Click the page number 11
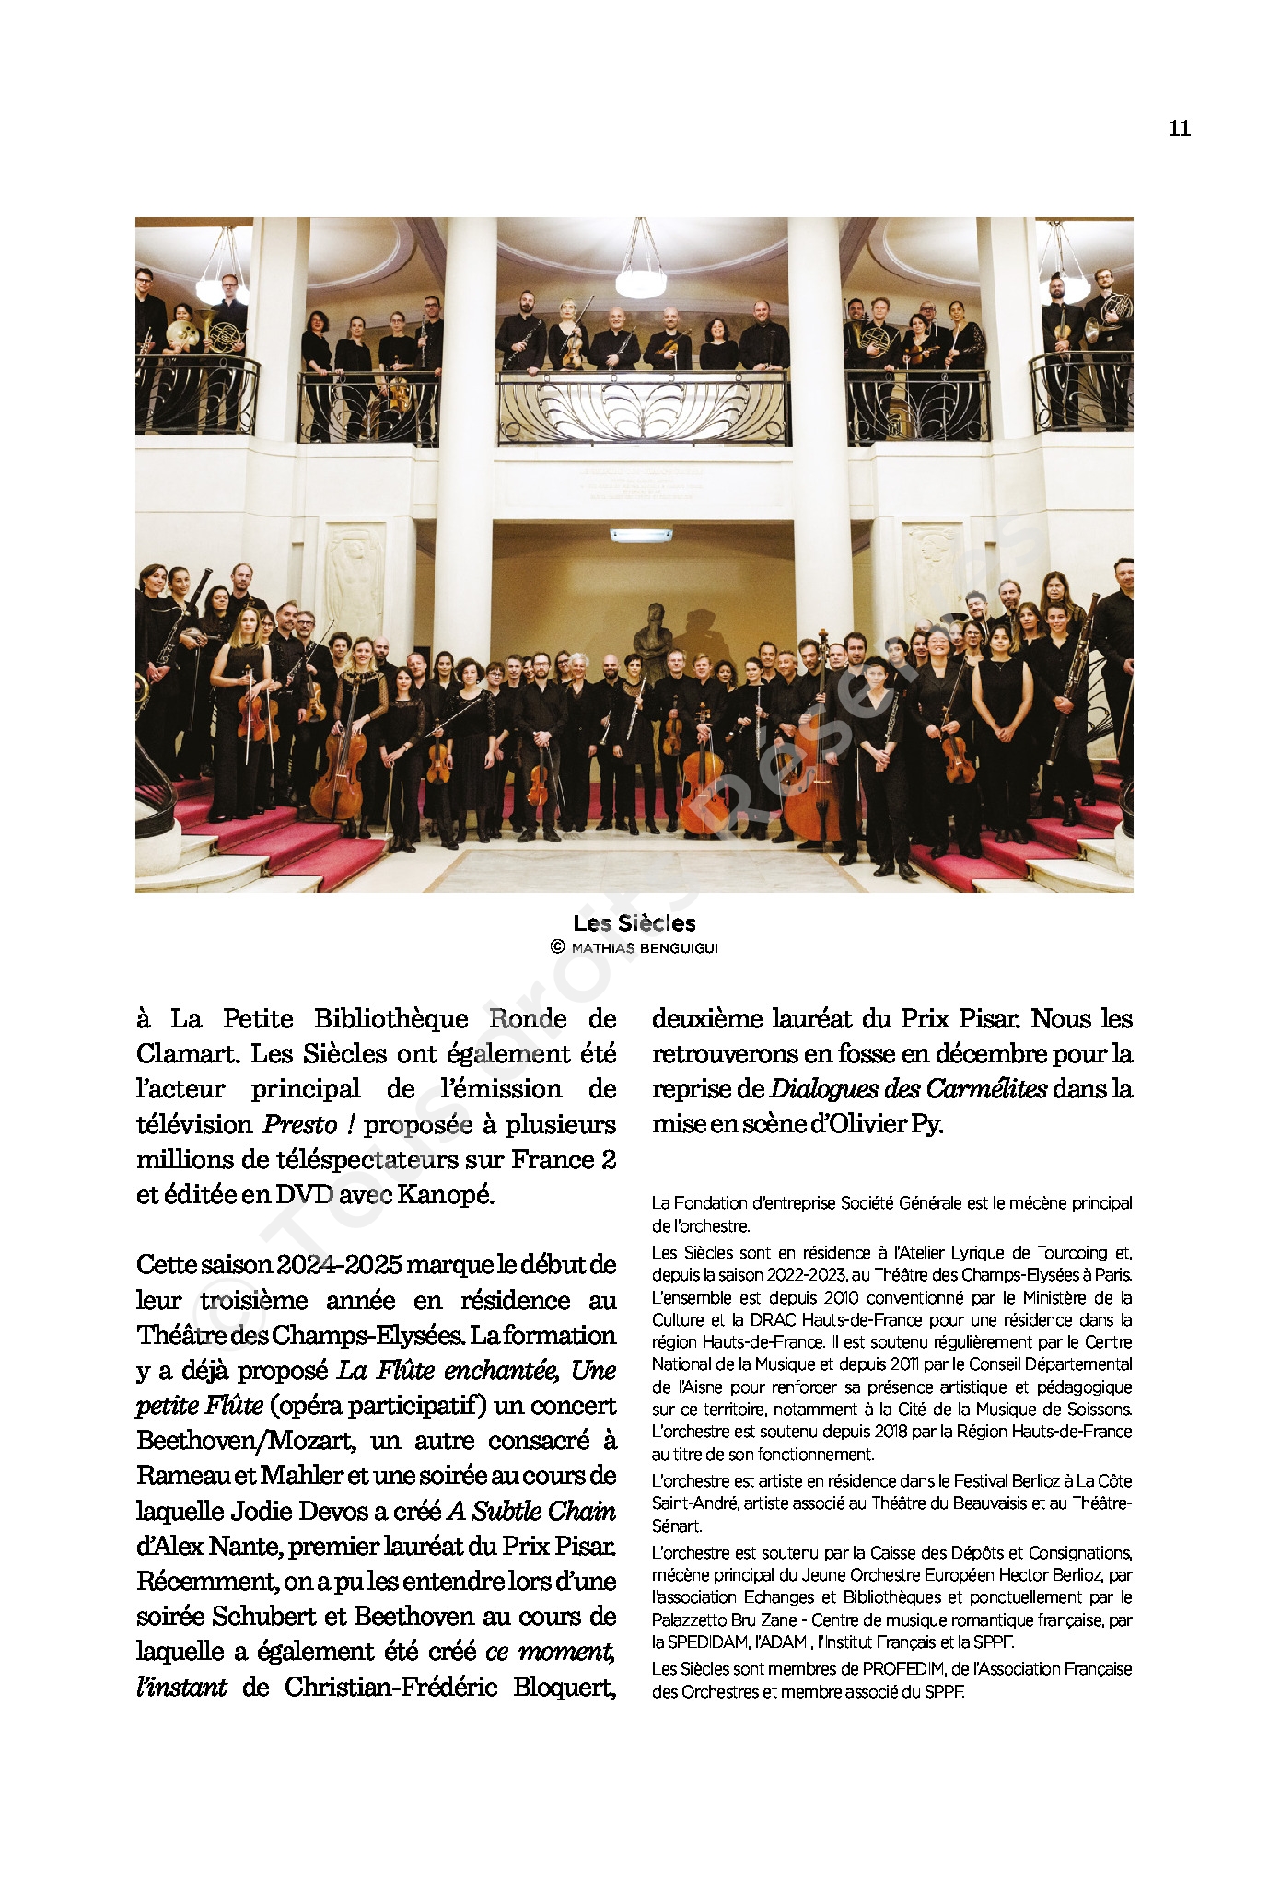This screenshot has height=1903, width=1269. point(1179,129)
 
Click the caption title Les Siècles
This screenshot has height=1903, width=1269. point(634,923)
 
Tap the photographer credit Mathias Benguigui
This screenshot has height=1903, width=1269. point(644,948)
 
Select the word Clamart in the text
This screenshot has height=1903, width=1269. point(187,1054)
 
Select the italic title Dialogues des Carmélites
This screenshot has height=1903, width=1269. point(908,1089)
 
